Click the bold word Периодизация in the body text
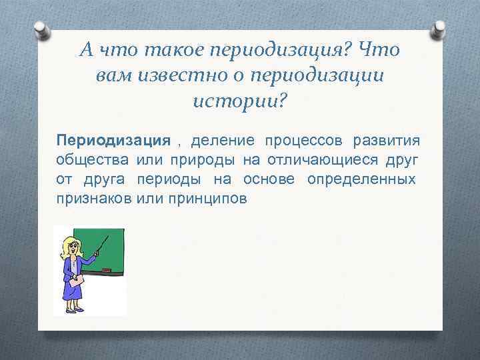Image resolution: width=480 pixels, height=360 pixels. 113,141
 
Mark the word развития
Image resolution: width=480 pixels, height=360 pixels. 386,141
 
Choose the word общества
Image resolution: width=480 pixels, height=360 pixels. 93,161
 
